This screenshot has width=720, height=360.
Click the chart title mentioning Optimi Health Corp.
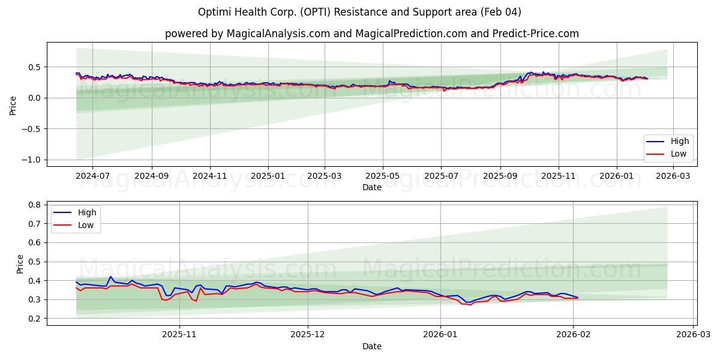point(359,12)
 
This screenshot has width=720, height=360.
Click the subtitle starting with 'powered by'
point(371,34)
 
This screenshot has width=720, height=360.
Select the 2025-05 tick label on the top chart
point(383,177)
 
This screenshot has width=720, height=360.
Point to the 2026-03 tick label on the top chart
point(674,177)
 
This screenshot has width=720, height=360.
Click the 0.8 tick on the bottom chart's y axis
point(35,205)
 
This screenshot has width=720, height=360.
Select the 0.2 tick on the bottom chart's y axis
point(35,319)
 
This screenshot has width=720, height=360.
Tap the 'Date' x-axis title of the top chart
point(371,187)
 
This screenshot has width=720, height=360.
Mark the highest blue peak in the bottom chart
point(110,277)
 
